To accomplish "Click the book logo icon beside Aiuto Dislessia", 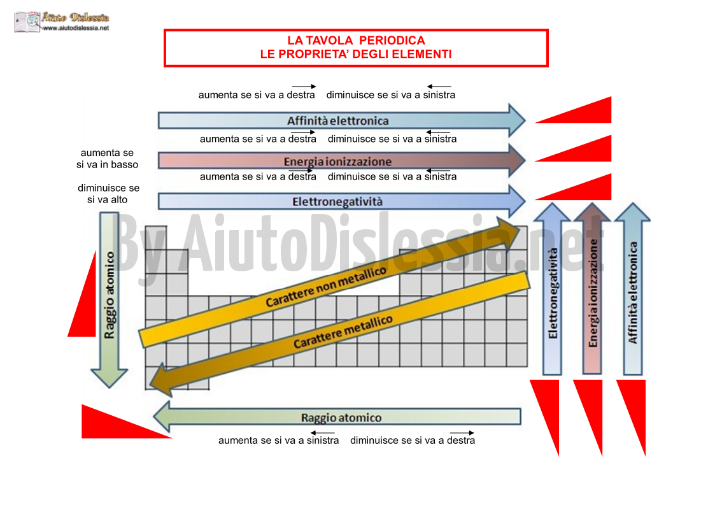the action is pos(27,22).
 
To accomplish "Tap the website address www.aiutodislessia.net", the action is pos(76,28).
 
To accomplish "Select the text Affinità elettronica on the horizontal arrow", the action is pos(338,121).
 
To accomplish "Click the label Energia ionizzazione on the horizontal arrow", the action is pos(337,162).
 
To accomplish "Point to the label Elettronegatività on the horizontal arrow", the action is pos(337,202).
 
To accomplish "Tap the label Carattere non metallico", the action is pos(326,287).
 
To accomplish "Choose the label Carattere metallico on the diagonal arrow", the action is pos(343,332).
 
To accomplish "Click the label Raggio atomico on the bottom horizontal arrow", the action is pos(341,417).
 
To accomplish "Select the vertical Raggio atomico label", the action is pos(110,295).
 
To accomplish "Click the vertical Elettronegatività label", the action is pos(553,294).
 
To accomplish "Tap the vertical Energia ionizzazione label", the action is pos(593,293).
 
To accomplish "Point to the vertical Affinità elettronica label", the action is pos(633,292).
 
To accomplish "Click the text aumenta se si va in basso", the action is pos(107,159).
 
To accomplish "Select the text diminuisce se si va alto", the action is pos(108,194).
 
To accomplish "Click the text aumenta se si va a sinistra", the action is pos(279,440).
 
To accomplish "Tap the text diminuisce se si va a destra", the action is pos(413,440).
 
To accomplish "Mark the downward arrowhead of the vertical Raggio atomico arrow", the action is pos(110,378).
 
